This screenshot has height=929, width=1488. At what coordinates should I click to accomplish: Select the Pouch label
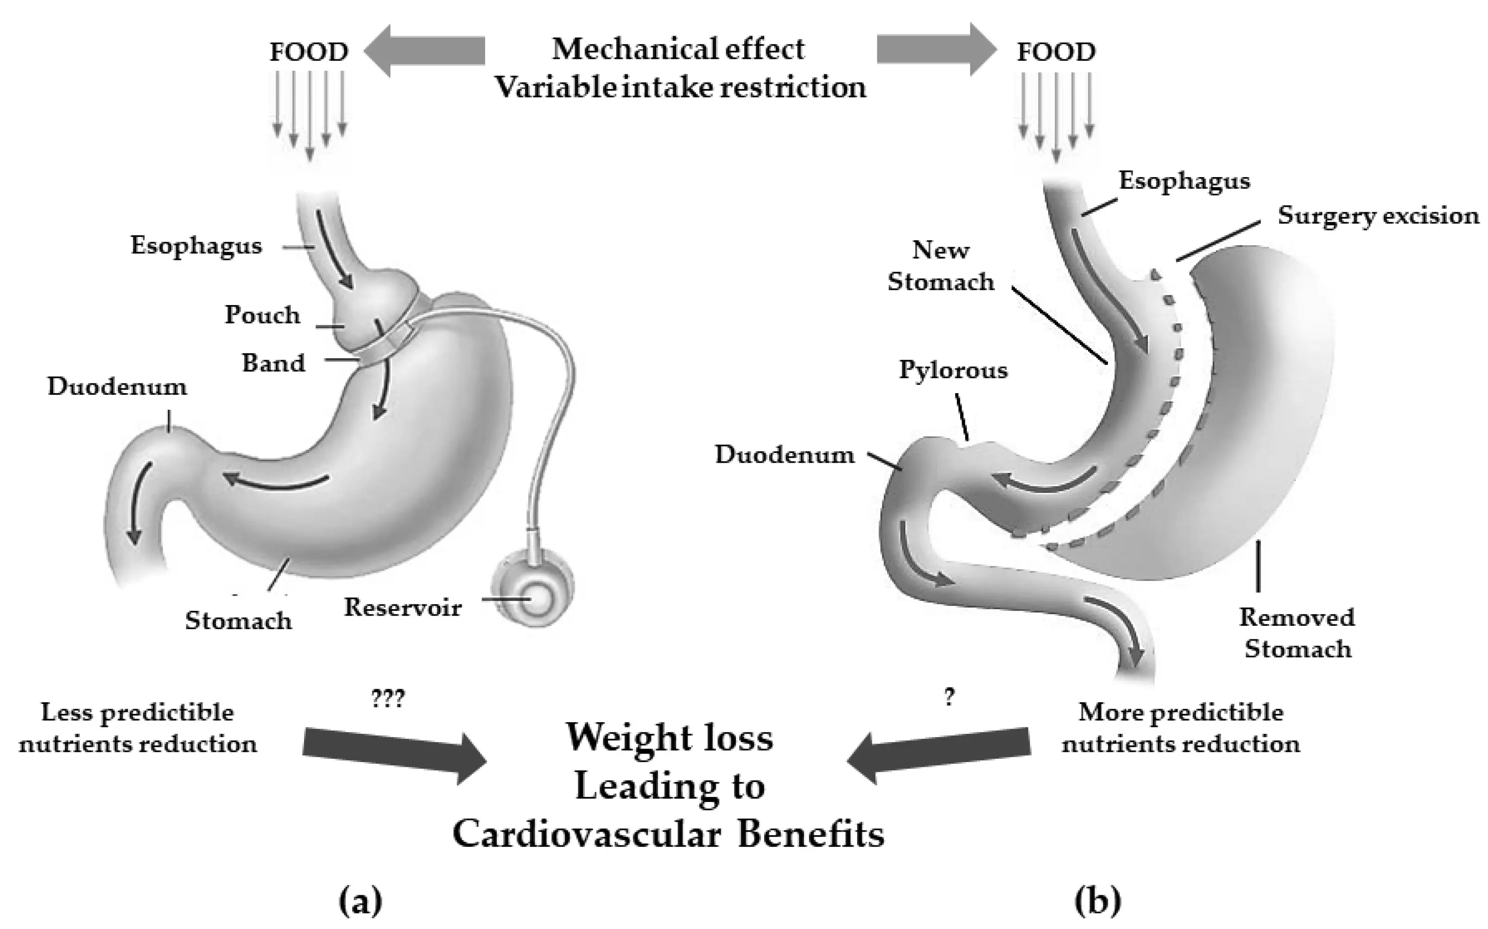[262, 315]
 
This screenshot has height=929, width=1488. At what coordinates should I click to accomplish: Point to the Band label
[273, 363]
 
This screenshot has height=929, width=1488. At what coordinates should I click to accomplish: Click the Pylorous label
[953, 370]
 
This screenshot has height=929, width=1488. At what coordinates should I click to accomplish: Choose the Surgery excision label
[1378, 216]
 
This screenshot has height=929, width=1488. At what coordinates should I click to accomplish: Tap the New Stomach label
[941, 266]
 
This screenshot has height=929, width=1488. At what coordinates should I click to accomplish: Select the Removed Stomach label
[1297, 633]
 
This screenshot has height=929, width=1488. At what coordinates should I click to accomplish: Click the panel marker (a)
[361, 901]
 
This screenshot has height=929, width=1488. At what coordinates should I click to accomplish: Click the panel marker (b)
[1097, 901]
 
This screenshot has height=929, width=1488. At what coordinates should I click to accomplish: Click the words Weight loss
[669, 737]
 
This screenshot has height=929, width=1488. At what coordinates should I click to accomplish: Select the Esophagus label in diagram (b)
[1184, 181]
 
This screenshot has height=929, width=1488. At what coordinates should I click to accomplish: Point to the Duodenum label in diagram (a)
[117, 387]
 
